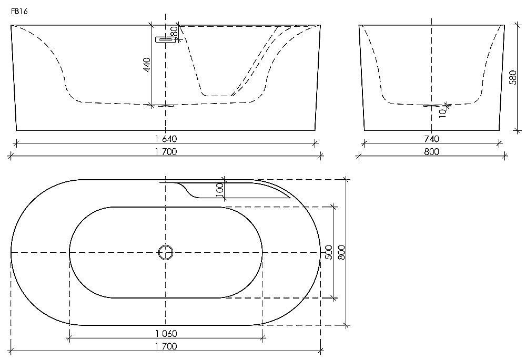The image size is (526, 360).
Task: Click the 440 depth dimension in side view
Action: coord(148,65)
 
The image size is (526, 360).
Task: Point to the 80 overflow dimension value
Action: coord(173,33)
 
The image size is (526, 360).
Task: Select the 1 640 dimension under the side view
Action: coord(165,139)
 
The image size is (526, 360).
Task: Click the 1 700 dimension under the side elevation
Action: coord(165,152)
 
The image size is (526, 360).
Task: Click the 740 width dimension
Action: coord(431,139)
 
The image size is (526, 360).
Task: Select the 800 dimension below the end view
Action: coord(431,152)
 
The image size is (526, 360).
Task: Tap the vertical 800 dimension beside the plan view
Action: coord(342,252)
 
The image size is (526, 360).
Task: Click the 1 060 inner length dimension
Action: coord(165,333)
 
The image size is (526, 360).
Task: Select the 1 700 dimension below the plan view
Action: coord(165,346)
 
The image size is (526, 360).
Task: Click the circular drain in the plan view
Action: coord(166,253)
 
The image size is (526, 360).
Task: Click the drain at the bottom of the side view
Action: coord(165,106)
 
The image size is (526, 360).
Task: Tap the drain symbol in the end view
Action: coord(431,106)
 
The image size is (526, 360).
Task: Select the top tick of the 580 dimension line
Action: coord(518,25)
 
